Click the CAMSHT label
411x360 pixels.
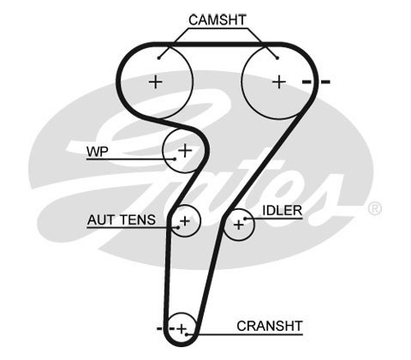pyautogui.click(x=217, y=20)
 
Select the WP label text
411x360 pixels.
pyautogui.click(x=98, y=151)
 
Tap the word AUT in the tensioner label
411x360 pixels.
pyautogui.click(x=100, y=219)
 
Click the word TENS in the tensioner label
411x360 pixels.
pyautogui.click(x=138, y=219)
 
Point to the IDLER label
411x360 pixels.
pyautogui.click(x=282, y=211)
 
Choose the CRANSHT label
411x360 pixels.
pyautogui.click(x=269, y=326)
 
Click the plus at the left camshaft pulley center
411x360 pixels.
pyautogui.click(x=156, y=82)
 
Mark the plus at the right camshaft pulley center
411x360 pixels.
pyautogui.click(x=279, y=82)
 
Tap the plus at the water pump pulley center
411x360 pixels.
pyautogui.click(x=185, y=151)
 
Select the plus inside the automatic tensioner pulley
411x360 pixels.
pyautogui.click(x=185, y=221)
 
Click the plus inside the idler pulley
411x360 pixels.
pyautogui.click(x=239, y=225)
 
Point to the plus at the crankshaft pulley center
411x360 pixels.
pyautogui.click(x=182, y=329)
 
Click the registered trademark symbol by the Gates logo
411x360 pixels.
pyautogui.click(x=374, y=208)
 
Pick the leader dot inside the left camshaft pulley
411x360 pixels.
pyautogui.click(x=158, y=58)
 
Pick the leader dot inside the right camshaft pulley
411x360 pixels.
pyautogui.click(x=277, y=58)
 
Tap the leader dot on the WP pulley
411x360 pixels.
pyautogui.click(x=175, y=159)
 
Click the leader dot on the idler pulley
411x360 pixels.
pyautogui.click(x=245, y=219)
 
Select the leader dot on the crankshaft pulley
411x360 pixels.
pyautogui.click(x=187, y=334)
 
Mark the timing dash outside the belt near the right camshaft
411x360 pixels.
pyautogui.click(x=325, y=82)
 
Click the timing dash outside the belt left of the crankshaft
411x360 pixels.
pyautogui.click(x=159, y=328)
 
